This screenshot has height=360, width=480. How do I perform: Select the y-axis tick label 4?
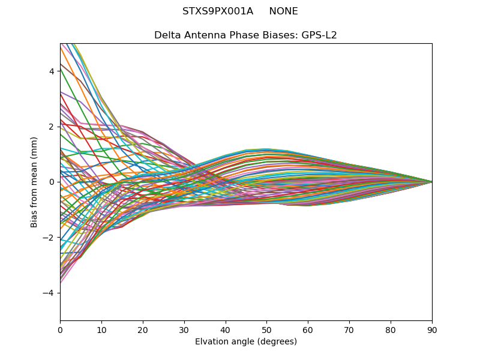pyautogui.click(x=52, y=71)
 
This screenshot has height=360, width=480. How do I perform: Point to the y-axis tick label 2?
pyautogui.click(x=52, y=127)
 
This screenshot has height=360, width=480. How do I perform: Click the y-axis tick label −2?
pyautogui.click(x=49, y=238)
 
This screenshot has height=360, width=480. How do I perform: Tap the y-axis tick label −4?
pyautogui.click(x=49, y=293)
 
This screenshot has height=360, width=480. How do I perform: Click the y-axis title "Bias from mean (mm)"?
pyautogui.click(x=35, y=182)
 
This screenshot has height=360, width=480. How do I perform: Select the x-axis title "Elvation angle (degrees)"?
pyautogui.click(x=246, y=342)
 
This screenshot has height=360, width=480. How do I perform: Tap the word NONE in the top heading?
pyautogui.click(x=283, y=11)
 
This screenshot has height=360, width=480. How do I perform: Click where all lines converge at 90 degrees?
pyautogui.click(x=431, y=182)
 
